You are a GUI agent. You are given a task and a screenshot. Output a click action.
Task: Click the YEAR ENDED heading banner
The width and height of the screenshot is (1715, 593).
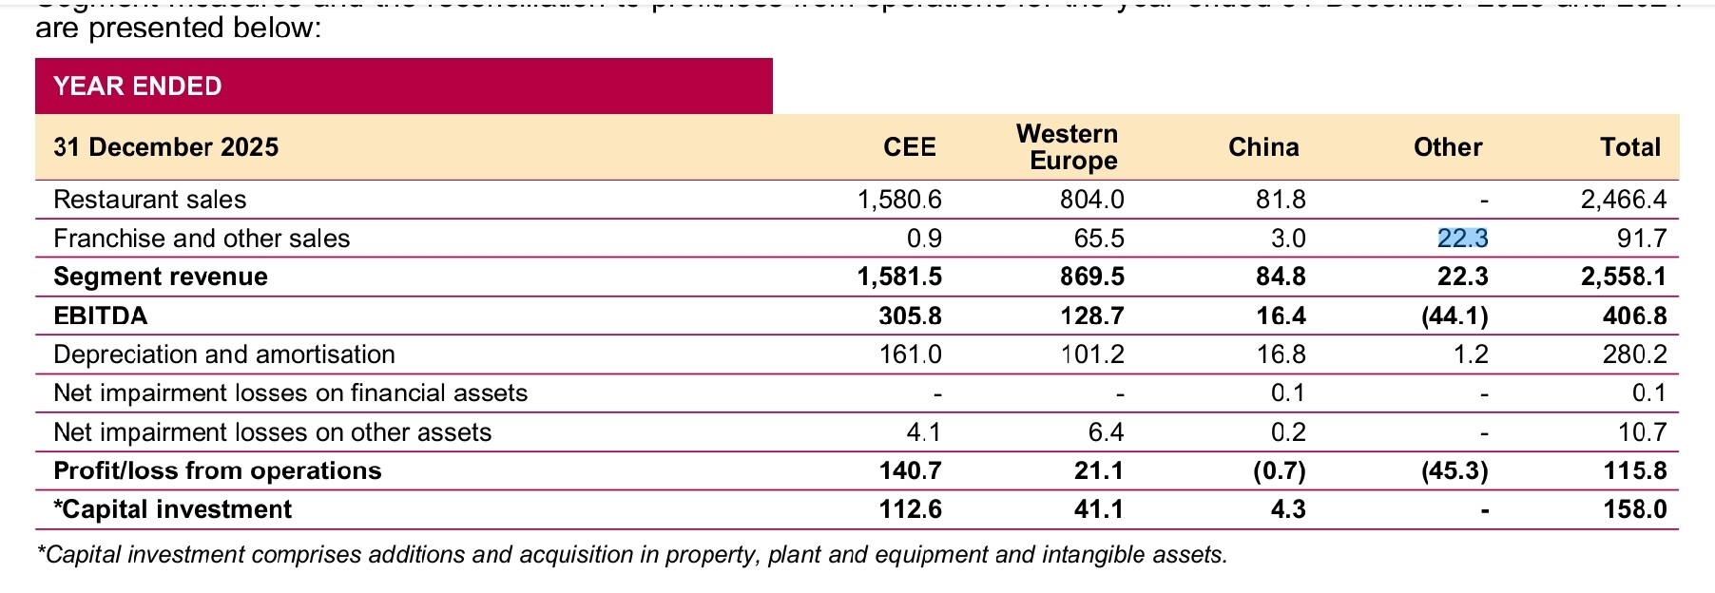point(138,86)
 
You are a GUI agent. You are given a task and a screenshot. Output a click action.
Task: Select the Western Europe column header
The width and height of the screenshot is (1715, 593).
point(1068,147)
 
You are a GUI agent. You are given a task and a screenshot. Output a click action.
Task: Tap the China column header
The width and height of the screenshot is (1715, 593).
point(1263,147)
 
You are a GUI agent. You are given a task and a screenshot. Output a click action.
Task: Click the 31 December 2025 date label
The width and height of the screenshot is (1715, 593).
point(166,147)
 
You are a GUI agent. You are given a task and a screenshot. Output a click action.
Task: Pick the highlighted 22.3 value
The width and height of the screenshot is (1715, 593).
point(1462,239)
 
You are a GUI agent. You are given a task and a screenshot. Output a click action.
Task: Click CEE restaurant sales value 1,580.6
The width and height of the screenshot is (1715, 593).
point(899,200)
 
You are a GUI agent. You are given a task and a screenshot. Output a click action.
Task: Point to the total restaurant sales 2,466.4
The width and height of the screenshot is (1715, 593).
point(1624,200)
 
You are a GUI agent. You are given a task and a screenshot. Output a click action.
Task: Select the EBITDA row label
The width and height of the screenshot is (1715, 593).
point(101,316)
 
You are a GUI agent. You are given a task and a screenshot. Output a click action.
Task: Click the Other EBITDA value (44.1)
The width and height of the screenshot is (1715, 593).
point(1454,316)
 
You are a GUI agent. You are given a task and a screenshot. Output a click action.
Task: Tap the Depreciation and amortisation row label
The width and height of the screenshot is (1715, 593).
point(224,354)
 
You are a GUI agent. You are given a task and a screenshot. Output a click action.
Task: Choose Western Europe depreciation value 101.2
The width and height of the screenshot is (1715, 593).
point(1092,354)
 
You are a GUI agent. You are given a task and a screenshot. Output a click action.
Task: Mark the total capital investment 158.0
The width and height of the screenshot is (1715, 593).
point(1635,509)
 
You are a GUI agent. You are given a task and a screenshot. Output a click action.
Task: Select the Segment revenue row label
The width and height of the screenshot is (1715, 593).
point(161,277)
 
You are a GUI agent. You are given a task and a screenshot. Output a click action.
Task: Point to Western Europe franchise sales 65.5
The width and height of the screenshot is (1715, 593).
point(1099,239)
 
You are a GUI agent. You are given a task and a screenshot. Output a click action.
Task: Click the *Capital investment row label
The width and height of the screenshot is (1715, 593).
point(173,509)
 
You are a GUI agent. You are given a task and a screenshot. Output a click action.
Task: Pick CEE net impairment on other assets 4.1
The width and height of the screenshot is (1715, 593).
point(923,432)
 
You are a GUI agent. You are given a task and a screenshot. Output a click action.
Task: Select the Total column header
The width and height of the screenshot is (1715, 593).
point(1630,147)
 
